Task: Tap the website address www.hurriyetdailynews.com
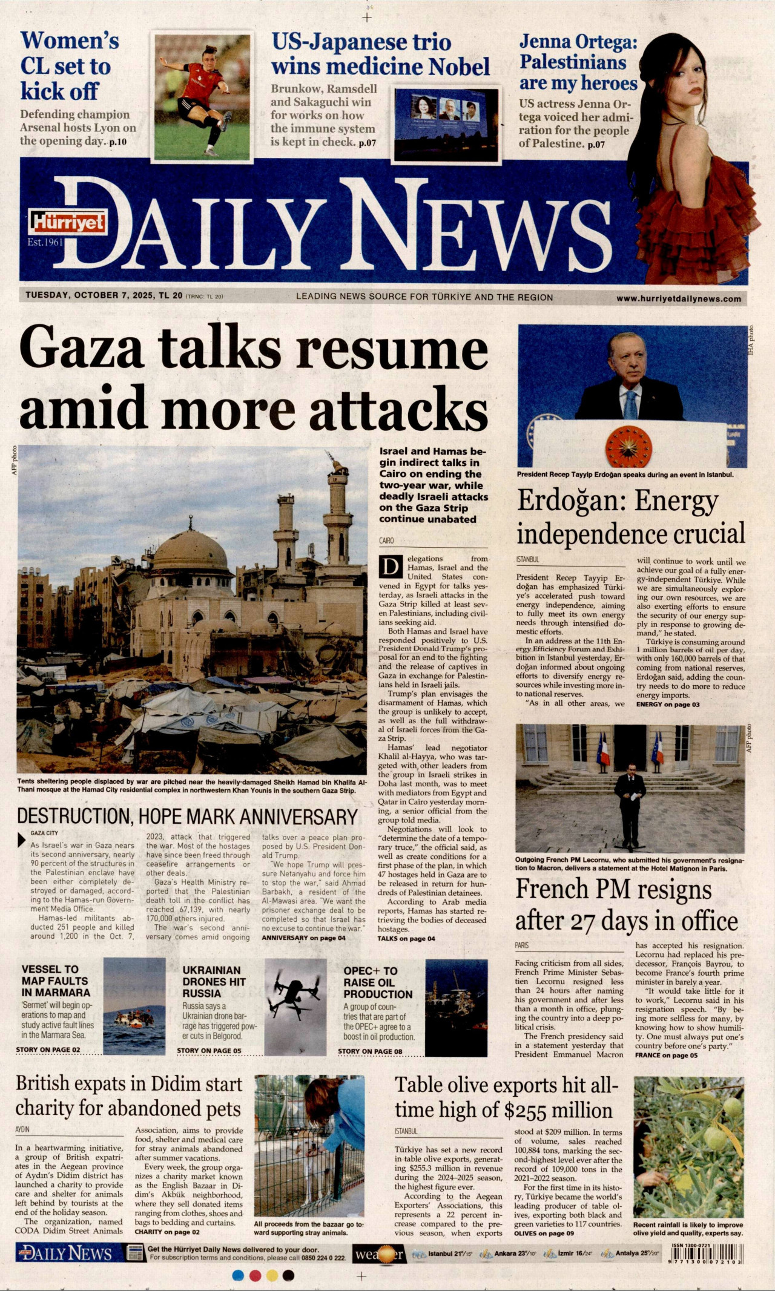pos(679,298)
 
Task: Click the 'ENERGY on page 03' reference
pos(668,705)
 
